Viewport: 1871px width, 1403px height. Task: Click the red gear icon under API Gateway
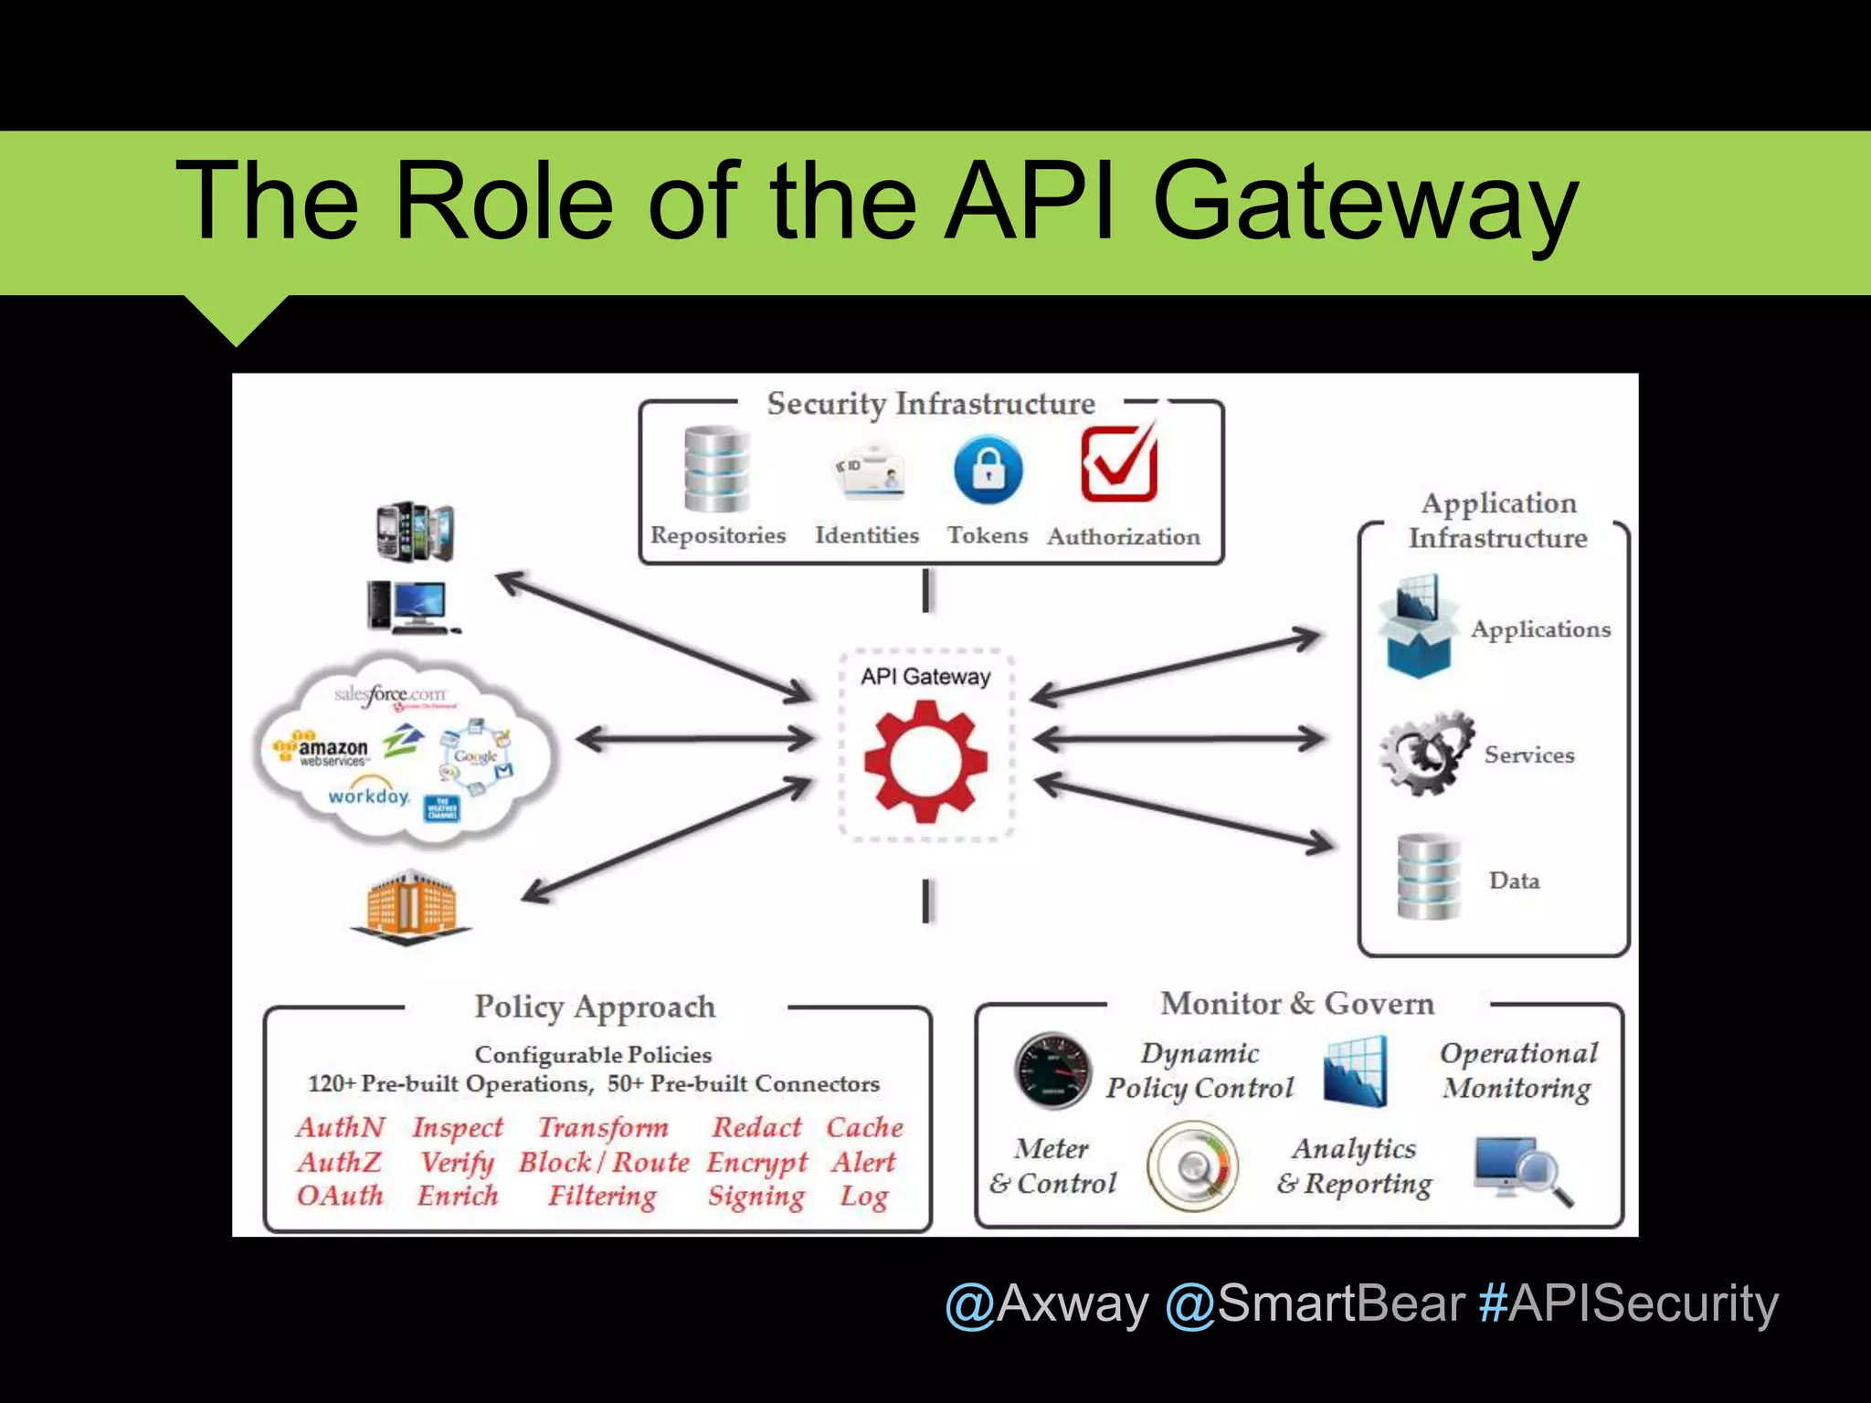[925, 760]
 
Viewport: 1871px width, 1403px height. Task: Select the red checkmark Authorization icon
[1120, 465]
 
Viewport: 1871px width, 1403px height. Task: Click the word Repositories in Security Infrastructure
[718, 535]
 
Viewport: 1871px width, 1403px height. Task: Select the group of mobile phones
[416, 530]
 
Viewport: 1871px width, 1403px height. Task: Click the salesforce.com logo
[391, 694]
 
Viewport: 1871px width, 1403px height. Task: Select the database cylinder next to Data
[1429, 877]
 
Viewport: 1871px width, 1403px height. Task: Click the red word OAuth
[340, 1196]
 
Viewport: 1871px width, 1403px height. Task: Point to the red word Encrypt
[757, 1162]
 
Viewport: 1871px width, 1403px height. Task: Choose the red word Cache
[864, 1127]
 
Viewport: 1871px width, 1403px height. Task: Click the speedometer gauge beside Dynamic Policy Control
[1053, 1071]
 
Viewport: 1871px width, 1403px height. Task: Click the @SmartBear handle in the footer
[1316, 1303]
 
